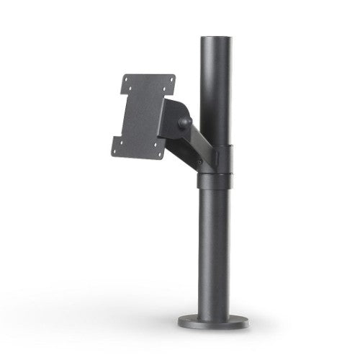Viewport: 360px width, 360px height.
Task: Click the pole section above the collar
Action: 215,86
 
